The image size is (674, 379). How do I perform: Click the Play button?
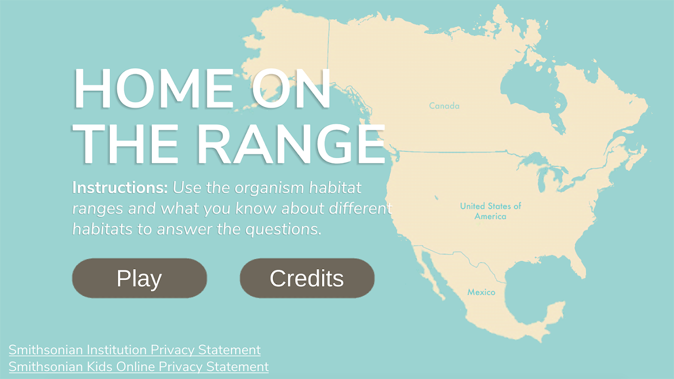click(x=139, y=278)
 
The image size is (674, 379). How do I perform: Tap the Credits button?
click(x=307, y=278)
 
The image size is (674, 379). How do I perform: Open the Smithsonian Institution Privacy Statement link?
click(x=135, y=350)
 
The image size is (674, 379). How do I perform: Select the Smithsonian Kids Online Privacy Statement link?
click(x=139, y=367)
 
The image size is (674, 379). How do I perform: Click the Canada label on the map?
click(x=444, y=106)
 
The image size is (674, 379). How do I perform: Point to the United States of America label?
click(x=491, y=211)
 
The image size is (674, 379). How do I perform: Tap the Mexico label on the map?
click(x=481, y=292)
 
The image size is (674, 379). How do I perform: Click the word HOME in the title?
click(x=154, y=88)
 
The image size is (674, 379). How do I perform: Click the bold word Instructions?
click(x=120, y=188)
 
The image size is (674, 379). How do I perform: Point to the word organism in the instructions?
click(x=269, y=188)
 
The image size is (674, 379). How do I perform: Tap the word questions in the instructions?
click(x=283, y=230)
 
